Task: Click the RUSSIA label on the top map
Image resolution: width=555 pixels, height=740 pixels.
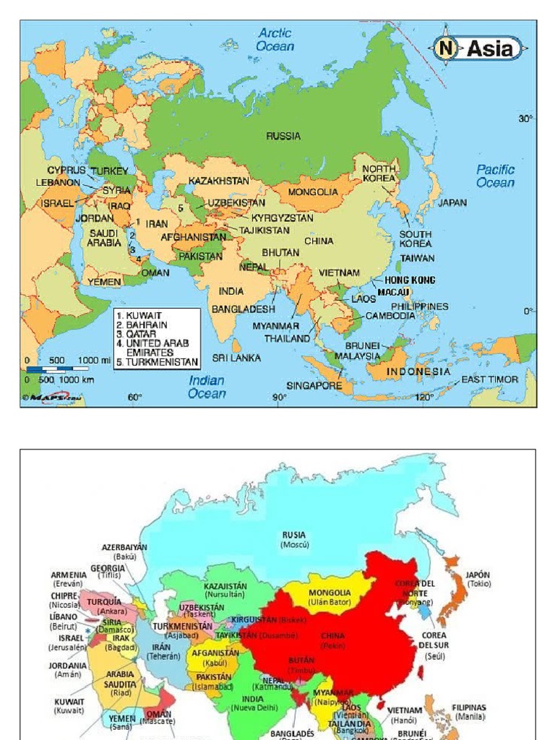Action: click(283, 136)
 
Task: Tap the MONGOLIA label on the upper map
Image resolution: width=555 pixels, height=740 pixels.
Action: click(313, 192)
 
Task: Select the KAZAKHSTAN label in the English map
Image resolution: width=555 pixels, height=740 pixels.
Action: click(219, 181)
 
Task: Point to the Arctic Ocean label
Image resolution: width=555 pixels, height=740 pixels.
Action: click(275, 40)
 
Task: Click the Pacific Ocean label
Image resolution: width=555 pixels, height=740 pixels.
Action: click(496, 176)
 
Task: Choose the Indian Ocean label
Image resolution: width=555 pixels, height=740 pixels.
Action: click(207, 387)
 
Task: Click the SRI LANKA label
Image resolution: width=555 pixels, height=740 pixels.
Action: click(236, 358)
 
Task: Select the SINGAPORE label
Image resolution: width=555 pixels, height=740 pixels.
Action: click(314, 386)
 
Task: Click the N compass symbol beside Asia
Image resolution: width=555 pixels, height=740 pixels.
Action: click(447, 49)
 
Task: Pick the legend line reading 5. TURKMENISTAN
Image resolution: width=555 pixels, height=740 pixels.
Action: click(157, 361)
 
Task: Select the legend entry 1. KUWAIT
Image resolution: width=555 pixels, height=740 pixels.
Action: click(145, 316)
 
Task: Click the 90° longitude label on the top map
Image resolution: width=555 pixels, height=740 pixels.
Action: click(279, 397)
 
